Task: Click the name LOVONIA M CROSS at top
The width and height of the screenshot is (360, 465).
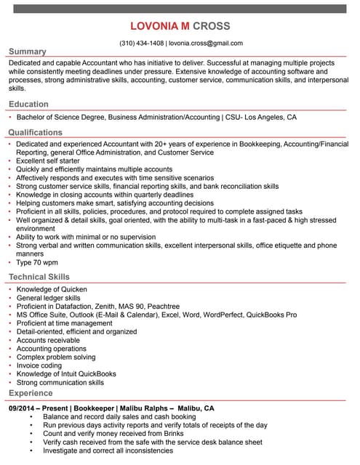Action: coord(180,26)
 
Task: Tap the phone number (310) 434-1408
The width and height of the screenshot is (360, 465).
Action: coord(141,43)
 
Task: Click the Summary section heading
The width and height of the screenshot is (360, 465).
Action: coord(27,52)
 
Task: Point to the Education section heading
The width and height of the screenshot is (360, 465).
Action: coord(28,105)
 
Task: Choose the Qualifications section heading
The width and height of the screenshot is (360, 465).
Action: coord(35,132)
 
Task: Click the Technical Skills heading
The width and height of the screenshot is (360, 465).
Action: coord(39,277)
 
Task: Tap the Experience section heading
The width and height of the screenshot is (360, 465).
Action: coord(31,393)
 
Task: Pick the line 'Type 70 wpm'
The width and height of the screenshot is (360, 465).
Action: coord(37,263)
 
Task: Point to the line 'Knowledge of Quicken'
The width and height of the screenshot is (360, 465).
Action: coord(52,289)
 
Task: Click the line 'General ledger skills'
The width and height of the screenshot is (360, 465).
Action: coord(49,298)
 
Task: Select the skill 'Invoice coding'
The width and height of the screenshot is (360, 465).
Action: coord(39,365)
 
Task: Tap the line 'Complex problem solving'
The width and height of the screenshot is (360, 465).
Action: coord(56,357)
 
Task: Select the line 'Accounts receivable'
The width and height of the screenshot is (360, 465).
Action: coord(48,340)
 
